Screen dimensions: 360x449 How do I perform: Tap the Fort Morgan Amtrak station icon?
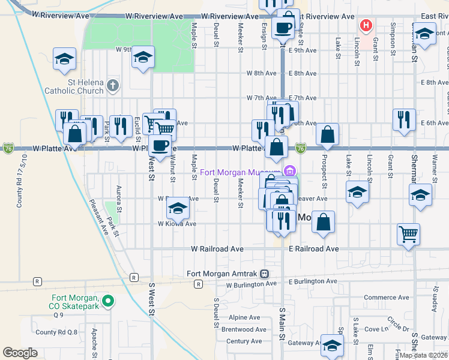264,273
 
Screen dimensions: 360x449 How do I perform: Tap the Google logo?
20,353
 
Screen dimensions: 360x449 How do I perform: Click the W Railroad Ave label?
217,248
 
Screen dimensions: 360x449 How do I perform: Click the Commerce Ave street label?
386,298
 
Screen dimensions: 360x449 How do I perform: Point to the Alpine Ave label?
244,317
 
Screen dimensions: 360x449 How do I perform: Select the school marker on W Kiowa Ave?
178,208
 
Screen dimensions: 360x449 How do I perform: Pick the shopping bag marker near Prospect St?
328,135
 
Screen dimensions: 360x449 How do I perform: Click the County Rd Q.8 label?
56,332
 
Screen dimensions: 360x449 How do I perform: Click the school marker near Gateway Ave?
331,345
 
